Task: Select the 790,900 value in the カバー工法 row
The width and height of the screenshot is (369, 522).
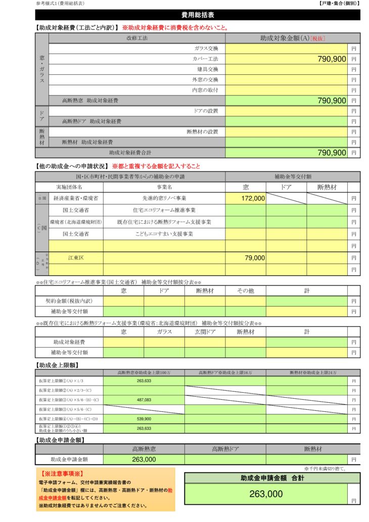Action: click(332, 59)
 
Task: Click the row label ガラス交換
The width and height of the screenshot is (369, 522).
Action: click(206, 49)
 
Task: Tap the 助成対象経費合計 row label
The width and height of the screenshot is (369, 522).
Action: click(130, 152)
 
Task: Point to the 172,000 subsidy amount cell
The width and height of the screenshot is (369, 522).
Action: click(253, 199)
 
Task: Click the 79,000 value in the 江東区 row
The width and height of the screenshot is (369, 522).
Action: click(255, 258)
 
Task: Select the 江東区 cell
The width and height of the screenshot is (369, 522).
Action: click(76, 258)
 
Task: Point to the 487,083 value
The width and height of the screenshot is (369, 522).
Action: click(144, 400)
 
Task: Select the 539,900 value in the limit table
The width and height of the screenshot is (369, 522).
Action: click(144, 419)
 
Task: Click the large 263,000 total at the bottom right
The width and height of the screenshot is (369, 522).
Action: click(266, 494)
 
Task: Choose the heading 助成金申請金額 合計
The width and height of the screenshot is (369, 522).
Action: click(272, 478)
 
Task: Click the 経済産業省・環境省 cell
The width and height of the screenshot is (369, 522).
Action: click(76, 199)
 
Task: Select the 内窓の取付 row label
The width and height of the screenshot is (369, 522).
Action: click(205, 90)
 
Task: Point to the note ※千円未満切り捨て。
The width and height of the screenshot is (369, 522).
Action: click(332, 468)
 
